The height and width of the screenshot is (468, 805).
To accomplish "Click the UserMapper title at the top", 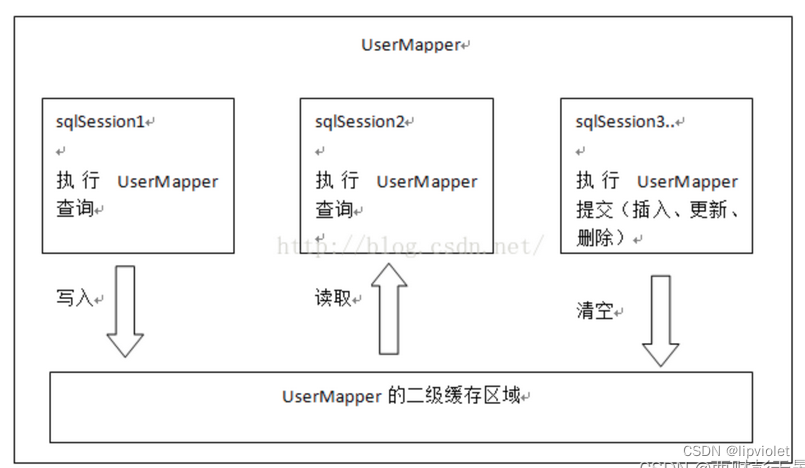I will pos(411,45).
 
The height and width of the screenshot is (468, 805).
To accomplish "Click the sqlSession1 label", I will pos(100,122).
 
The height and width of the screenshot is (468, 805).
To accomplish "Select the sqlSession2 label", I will pos(359,122).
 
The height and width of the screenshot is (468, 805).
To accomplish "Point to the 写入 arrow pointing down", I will pos(125,311).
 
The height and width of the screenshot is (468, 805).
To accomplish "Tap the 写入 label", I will pos(74,298).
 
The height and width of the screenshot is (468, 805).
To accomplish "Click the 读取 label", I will pos(333,298).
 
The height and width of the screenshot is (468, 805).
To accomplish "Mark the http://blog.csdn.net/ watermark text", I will pos(410,245).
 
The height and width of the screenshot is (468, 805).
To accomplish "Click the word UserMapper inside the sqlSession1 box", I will pos(168,182).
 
